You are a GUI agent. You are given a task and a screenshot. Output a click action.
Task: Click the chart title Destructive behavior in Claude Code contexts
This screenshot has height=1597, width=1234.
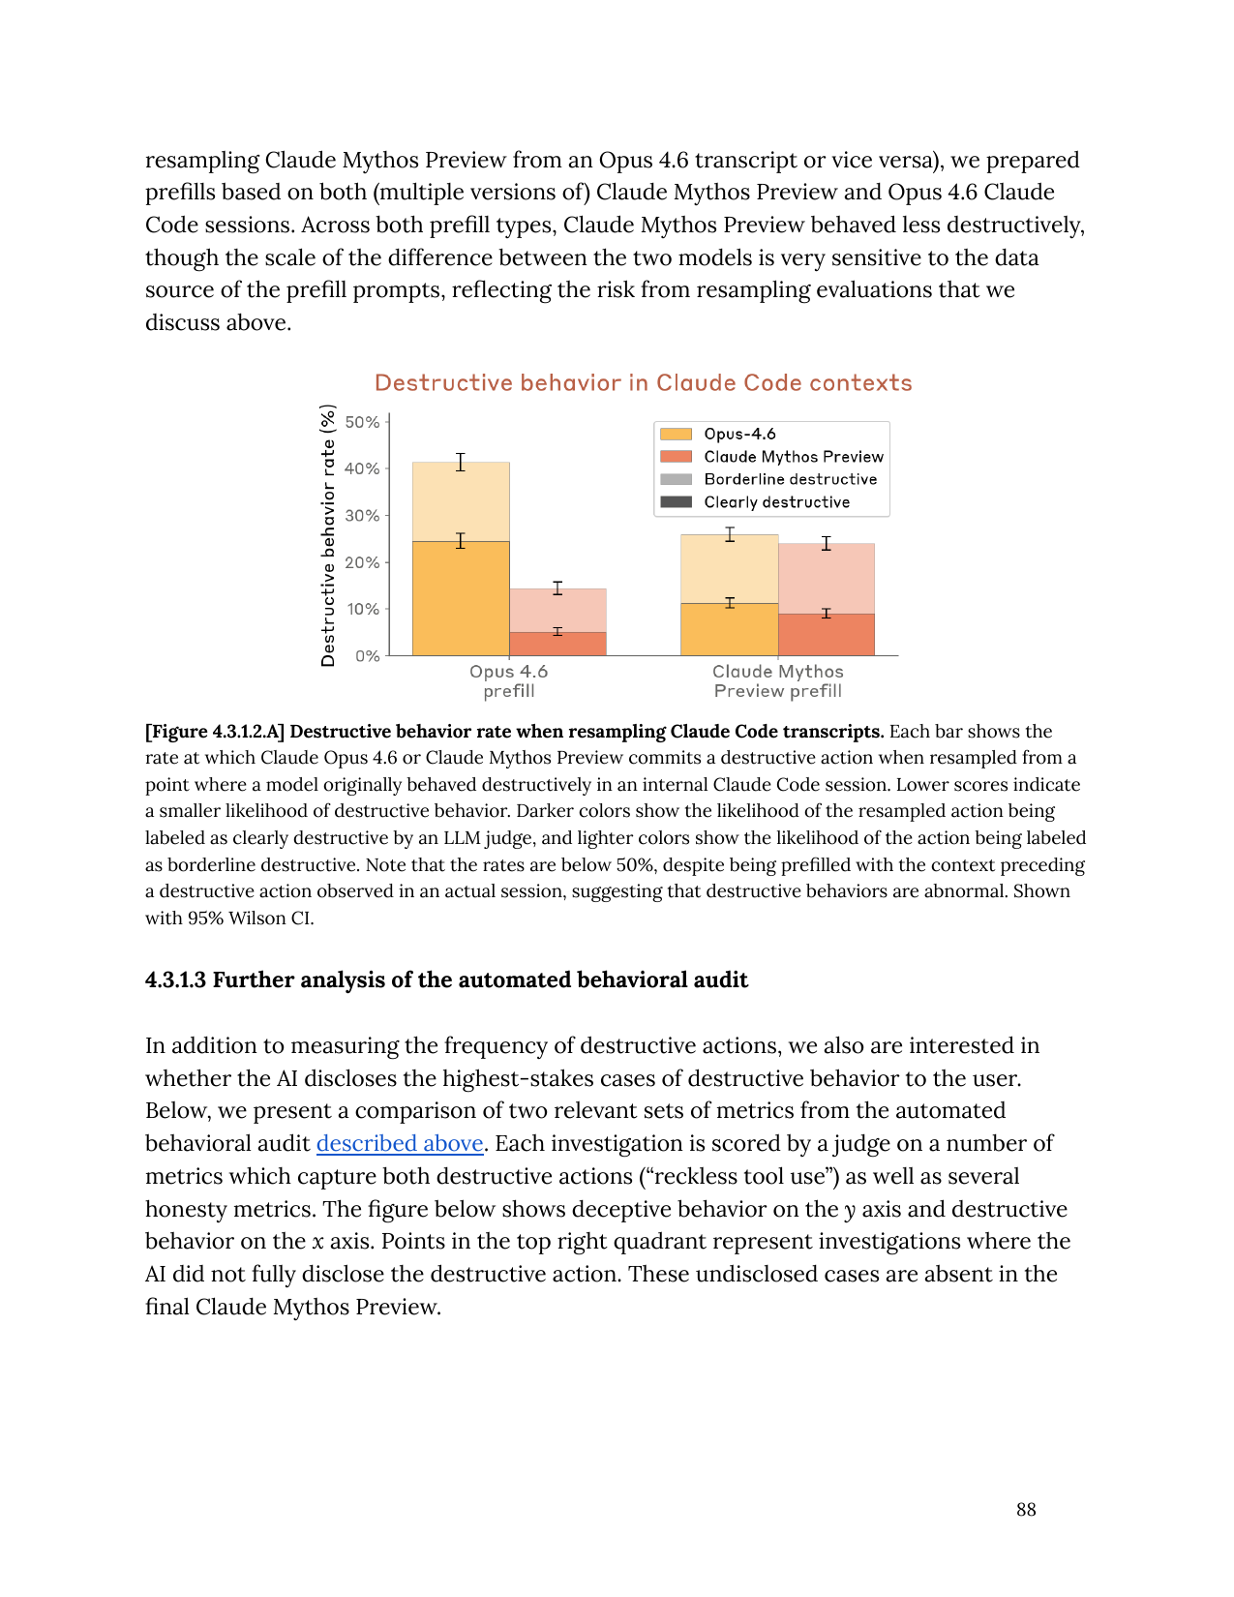pyautogui.click(x=643, y=383)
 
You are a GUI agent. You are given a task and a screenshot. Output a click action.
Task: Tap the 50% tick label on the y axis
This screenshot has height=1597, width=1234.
pyautogui.click(x=363, y=422)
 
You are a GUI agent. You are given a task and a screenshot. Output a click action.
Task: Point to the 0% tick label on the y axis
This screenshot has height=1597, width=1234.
pyautogui.click(x=368, y=656)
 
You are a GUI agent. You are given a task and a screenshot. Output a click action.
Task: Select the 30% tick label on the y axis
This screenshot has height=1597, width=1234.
pyautogui.click(x=363, y=516)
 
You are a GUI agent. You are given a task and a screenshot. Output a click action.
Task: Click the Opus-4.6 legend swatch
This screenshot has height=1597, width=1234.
pyautogui.click(x=676, y=434)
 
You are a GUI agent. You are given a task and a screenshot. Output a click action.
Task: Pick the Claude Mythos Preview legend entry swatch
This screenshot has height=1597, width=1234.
pyautogui.click(x=676, y=457)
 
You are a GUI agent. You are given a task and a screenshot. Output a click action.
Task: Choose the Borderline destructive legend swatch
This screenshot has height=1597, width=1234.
pyautogui.click(x=676, y=479)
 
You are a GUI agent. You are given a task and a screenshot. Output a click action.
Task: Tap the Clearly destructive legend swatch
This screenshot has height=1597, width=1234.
pyautogui.click(x=676, y=502)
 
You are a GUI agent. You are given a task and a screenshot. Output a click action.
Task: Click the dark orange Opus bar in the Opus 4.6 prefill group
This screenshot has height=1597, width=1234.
pyautogui.click(x=461, y=598)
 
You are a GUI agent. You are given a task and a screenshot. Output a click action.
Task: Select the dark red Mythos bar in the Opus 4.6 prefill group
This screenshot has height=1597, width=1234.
pyautogui.click(x=557, y=644)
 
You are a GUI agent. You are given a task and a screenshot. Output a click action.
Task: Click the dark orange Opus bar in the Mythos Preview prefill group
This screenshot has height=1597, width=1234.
pyautogui.click(x=729, y=629)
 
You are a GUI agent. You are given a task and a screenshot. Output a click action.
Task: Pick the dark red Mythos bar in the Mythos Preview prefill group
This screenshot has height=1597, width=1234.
pyautogui.click(x=826, y=635)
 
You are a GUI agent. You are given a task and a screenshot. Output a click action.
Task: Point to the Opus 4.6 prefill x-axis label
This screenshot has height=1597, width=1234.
pyautogui.click(x=508, y=680)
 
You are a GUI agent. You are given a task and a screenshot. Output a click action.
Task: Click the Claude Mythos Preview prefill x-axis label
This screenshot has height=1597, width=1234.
pyautogui.click(x=777, y=680)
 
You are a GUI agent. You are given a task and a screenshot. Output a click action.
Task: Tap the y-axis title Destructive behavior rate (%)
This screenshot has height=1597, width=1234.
pyautogui.click(x=328, y=535)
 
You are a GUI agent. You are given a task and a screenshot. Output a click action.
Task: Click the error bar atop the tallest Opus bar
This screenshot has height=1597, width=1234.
pyautogui.click(x=461, y=462)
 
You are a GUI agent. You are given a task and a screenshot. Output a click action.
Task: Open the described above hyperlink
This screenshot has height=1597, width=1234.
pyautogui.click(x=400, y=1144)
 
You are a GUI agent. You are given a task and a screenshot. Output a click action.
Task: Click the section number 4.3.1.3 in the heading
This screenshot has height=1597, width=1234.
pyautogui.click(x=176, y=980)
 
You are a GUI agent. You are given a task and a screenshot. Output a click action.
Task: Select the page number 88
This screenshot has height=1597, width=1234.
pyautogui.click(x=1026, y=1510)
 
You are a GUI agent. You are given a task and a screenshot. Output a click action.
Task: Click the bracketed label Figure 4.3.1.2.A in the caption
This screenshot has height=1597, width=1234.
pyautogui.click(x=215, y=732)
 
